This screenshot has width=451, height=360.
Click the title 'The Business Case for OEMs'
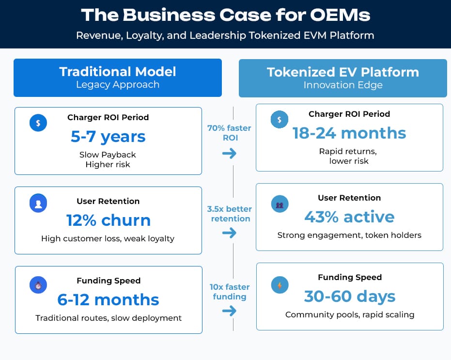tap(225, 15)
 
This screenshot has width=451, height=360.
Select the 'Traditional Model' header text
tap(118, 72)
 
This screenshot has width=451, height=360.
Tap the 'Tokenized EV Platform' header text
tap(343, 72)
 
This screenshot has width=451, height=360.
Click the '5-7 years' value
tap(108, 137)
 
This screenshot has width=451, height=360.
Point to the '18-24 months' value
tap(349, 133)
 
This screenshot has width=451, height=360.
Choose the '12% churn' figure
tap(108, 220)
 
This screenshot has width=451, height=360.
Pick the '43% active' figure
tap(349, 217)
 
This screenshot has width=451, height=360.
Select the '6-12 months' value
tap(108, 300)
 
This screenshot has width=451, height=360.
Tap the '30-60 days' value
tap(349, 296)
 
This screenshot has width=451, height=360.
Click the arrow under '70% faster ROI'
tap(230, 154)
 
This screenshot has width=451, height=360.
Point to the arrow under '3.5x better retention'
tap(230, 233)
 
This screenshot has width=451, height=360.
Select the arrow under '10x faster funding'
tap(230, 310)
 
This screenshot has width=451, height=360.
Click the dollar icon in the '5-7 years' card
tap(38, 123)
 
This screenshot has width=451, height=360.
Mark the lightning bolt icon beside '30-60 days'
tap(280, 285)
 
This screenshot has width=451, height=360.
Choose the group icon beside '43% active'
tap(280, 204)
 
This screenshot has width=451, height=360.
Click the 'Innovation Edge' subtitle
tap(343, 85)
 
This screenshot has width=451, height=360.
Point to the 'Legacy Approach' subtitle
tap(118, 85)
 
